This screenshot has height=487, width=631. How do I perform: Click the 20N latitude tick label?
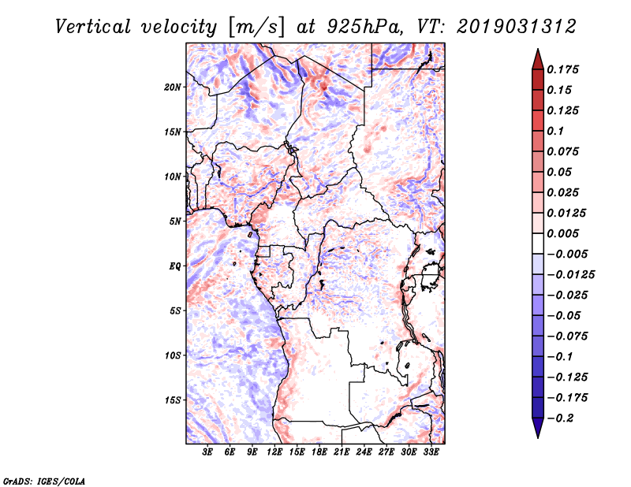pos(173,87)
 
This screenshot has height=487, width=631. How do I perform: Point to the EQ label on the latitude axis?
pos(174,266)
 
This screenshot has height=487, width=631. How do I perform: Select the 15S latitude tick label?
pos(173,400)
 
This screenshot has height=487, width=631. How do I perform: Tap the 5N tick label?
pos(175,221)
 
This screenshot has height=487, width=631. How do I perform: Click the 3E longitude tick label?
pos(207,452)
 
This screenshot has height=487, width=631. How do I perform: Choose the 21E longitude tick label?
pos(342,452)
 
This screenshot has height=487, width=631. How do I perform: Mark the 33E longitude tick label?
pos(431,452)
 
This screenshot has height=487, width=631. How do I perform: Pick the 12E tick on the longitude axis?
pos(274,452)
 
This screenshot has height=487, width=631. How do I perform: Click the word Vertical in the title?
pos(92,26)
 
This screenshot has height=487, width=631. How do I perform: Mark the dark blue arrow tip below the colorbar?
pos(537,429)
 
